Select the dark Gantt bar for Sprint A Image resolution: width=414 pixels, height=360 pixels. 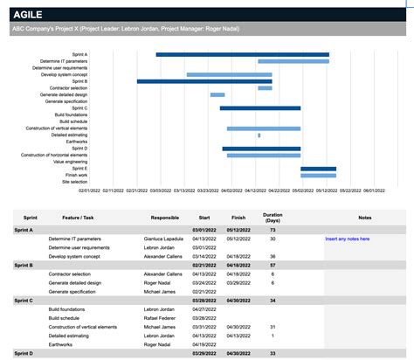[242, 54]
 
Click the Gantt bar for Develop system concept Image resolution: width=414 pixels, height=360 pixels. [229, 74]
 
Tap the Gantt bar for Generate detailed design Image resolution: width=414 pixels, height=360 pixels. [217, 94]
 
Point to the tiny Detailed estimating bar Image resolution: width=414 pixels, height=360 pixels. [259, 135]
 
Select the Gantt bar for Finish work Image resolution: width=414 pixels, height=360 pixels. [318, 175]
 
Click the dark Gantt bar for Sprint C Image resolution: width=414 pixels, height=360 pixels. [259, 108]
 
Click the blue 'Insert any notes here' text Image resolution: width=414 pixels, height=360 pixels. [347, 239]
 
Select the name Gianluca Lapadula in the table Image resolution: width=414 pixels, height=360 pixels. [164, 239]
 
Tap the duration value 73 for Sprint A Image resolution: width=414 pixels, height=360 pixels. [273, 229]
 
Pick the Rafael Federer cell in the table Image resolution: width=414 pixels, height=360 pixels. [159, 318]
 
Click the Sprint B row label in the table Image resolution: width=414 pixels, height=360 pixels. [24, 265]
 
